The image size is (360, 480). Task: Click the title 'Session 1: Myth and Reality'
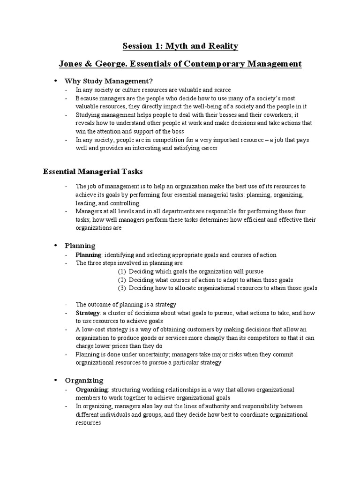point(180,46)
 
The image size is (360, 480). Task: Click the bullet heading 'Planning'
point(80,246)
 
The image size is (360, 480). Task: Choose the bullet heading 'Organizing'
point(84,380)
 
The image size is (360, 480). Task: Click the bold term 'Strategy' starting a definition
point(88,312)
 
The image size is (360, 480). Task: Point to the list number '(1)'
point(122,271)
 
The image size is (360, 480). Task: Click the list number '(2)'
point(122,280)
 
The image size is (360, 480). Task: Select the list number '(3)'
point(122,288)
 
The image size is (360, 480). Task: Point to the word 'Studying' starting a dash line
point(88,115)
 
